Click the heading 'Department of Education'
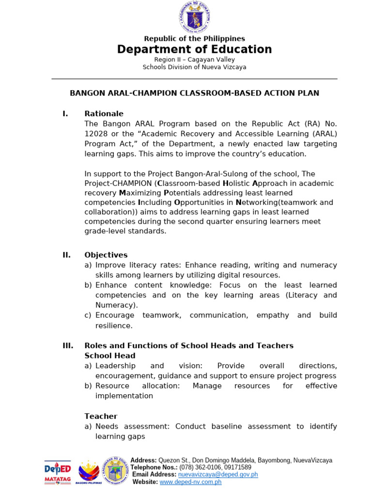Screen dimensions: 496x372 194,49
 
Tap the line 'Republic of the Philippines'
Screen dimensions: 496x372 194,39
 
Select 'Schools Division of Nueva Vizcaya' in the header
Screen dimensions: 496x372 194,67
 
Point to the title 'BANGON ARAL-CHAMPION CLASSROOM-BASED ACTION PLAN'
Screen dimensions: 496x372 194,93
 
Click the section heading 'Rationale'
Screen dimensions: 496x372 104,114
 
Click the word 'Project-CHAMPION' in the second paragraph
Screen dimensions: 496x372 118,184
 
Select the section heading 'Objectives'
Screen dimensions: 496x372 106,255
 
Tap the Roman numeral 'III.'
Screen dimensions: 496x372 68,346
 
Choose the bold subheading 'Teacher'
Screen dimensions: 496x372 101,416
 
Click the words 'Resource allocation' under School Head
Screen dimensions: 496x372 137,386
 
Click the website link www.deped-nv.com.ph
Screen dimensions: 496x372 190,482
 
